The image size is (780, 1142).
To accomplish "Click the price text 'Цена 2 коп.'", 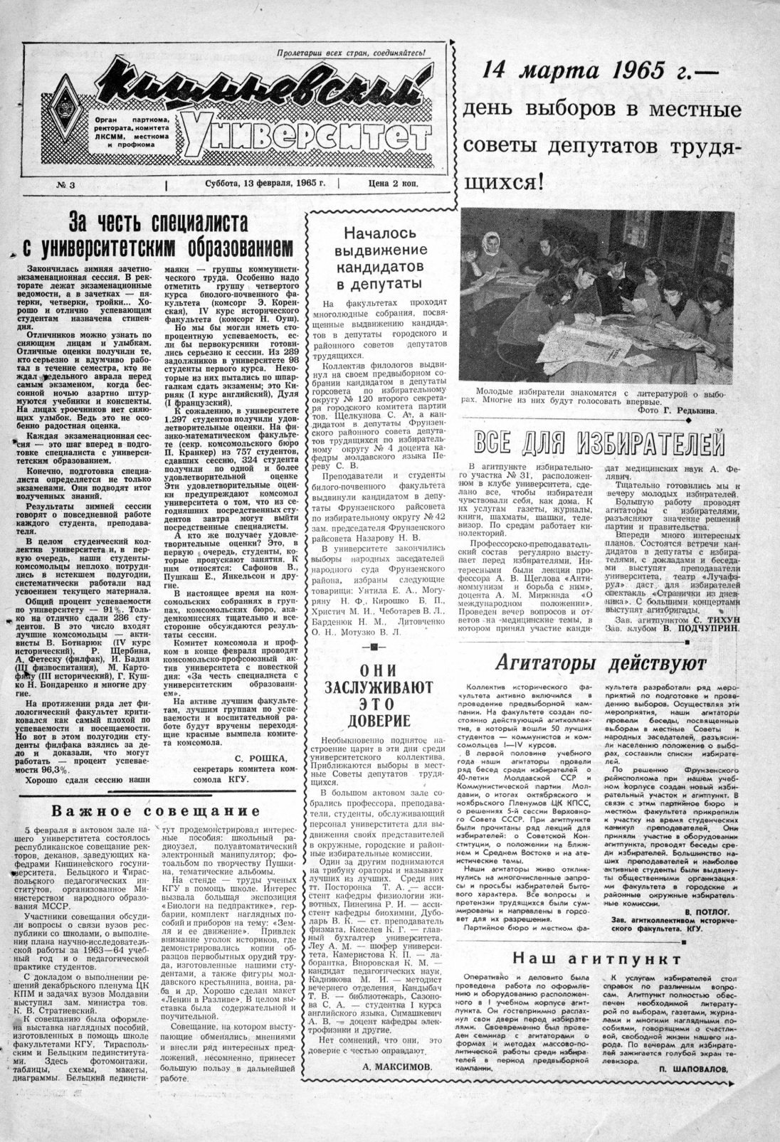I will click(x=393, y=184).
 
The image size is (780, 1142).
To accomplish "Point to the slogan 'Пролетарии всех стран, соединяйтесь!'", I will click(x=351, y=53).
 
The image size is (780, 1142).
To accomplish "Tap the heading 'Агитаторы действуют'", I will click(x=599, y=665).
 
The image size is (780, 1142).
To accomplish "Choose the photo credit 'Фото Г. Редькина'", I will click(x=677, y=411).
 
